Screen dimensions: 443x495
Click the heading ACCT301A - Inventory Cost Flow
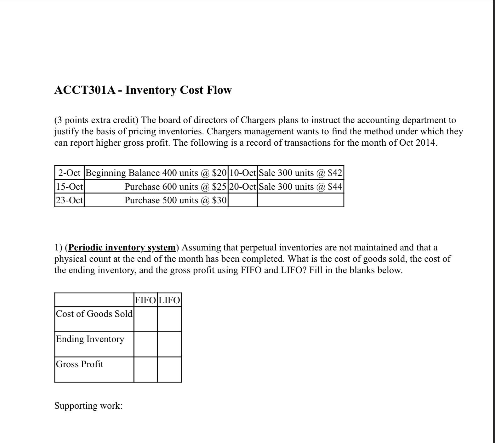(x=143, y=90)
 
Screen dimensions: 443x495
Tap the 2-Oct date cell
(x=70, y=173)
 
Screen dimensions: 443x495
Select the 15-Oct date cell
(x=70, y=187)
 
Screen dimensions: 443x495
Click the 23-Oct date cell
(x=70, y=200)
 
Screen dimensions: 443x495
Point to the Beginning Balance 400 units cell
(x=156, y=173)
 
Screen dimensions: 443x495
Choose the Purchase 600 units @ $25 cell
(x=175, y=187)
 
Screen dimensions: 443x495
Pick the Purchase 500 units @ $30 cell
(x=175, y=200)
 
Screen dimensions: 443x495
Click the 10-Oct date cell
(x=242, y=173)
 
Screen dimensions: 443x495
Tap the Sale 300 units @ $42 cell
(x=300, y=173)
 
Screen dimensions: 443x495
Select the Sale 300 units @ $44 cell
(x=300, y=187)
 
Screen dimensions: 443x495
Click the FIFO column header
(x=145, y=300)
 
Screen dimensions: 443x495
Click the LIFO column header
(x=169, y=300)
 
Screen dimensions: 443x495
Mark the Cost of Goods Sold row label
(x=94, y=314)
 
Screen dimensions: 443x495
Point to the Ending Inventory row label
(x=90, y=339)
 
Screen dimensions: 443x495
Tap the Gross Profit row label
(x=79, y=364)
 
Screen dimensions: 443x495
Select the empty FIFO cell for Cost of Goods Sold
(x=145, y=319)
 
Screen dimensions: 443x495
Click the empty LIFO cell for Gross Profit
(x=169, y=369)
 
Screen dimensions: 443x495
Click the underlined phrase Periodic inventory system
(x=122, y=248)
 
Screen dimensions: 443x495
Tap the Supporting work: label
(x=88, y=406)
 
